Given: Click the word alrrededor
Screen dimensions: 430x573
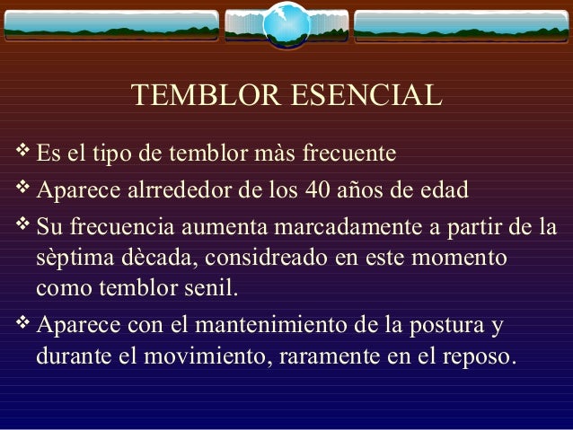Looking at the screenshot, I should point(175,191).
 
